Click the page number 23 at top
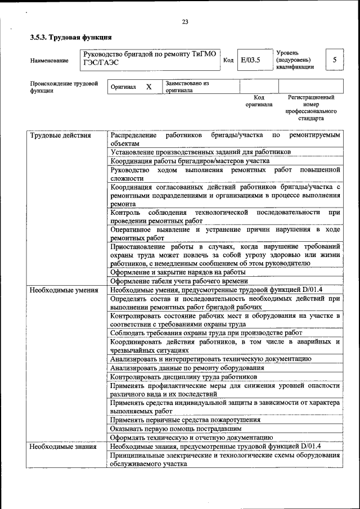coord(184,22)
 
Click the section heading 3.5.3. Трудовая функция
coord(70,38)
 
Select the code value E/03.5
coord(250,60)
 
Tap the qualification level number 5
coord(335,60)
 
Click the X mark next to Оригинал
coord(148,87)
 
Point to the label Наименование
coord(50,60)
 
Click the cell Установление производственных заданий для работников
coord(200,152)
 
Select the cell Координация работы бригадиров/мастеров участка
coord(191,160)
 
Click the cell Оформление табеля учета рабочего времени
coord(179,281)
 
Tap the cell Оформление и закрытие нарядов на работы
coord(178,272)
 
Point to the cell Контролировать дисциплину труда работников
coord(183,377)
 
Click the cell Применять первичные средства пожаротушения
coord(185,420)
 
